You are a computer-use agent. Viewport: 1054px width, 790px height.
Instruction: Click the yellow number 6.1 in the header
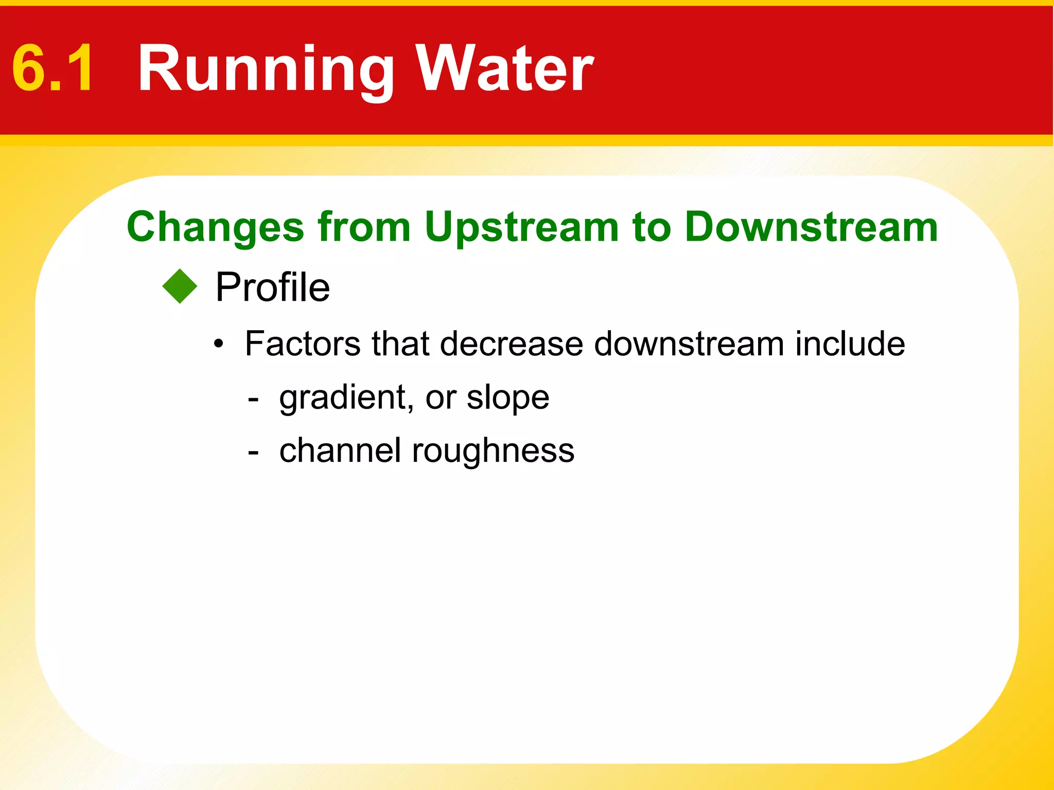[53, 68]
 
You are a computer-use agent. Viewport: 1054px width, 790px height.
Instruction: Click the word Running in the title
[266, 69]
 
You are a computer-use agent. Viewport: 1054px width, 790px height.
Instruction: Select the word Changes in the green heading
[215, 227]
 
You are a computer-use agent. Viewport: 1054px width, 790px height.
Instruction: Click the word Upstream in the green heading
[521, 228]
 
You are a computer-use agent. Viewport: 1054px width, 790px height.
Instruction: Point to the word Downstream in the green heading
[812, 227]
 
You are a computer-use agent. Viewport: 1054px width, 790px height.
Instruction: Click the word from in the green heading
[364, 227]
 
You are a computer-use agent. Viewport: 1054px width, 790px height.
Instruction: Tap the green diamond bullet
[180, 286]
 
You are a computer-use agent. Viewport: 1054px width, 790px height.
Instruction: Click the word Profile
[272, 287]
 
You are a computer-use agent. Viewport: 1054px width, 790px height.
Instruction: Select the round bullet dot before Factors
[219, 345]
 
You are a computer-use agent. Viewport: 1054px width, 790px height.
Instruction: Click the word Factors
[303, 344]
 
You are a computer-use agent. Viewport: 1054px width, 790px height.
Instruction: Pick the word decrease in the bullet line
[512, 344]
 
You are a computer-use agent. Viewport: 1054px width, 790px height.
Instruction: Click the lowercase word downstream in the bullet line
[689, 344]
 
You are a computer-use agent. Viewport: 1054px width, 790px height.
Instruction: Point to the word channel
[340, 451]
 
